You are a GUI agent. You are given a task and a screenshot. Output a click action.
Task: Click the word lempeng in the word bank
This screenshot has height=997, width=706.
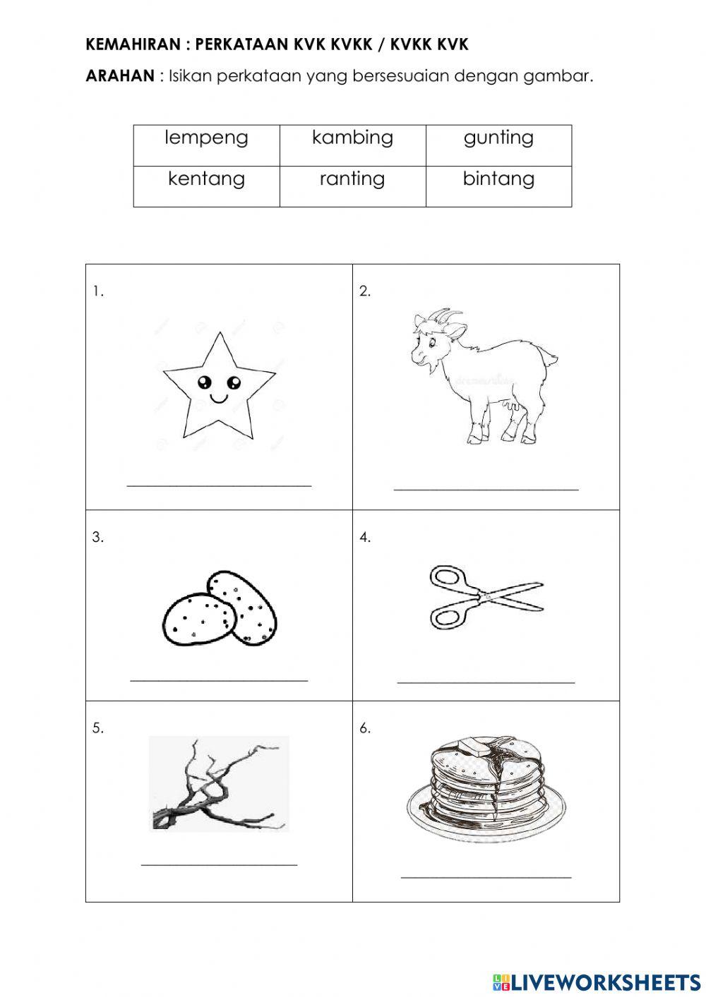pyautogui.click(x=206, y=138)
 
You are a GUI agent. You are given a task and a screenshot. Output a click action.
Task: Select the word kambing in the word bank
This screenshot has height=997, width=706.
pyautogui.click(x=352, y=138)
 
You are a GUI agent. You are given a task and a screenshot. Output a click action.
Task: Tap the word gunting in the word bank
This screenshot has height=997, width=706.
pyautogui.click(x=498, y=138)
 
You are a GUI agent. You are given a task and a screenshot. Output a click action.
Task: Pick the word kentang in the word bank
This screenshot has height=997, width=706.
pyautogui.click(x=206, y=179)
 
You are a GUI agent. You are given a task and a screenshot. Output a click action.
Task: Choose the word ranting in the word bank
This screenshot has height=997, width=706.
pyautogui.click(x=352, y=179)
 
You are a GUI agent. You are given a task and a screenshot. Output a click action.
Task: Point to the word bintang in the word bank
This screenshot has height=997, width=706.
pyautogui.click(x=498, y=179)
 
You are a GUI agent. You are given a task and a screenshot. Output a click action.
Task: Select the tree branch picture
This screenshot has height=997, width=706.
pyautogui.click(x=219, y=783)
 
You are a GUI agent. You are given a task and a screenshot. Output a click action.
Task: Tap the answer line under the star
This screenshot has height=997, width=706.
pyautogui.click(x=219, y=485)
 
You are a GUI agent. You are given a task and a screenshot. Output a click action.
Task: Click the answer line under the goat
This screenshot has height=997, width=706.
pyautogui.click(x=486, y=488)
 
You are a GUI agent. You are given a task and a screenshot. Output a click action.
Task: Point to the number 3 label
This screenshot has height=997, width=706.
pyautogui.click(x=97, y=538)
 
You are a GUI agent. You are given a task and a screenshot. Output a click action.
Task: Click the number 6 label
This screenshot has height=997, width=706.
pyautogui.click(x=364, y=728)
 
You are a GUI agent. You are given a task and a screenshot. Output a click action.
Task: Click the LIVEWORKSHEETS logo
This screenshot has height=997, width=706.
pyautogui.click(x=597, y=981)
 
